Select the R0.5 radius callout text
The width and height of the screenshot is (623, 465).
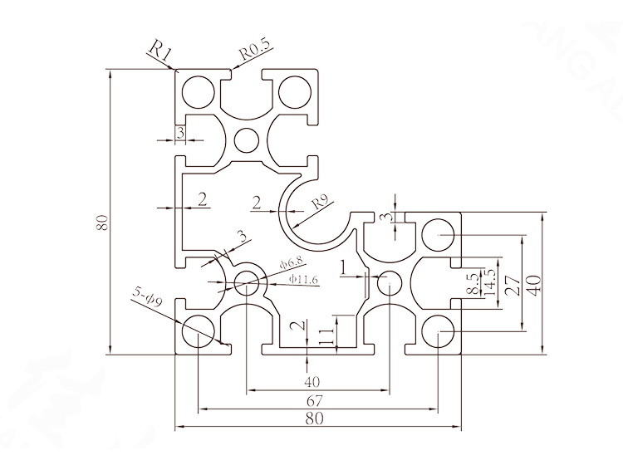[253, 52]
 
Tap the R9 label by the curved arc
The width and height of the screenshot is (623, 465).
[320, 203]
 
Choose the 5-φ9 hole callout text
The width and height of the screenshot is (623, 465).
[147, 295]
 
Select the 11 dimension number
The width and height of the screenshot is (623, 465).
[325, 336]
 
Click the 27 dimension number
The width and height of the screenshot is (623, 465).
[513, 286]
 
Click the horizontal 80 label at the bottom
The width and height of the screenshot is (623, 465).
[315, 420]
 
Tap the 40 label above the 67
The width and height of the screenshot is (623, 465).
[312, 382]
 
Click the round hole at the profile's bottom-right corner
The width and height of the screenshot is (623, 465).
[438, 334]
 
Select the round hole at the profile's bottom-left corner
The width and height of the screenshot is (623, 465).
[198, 334]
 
